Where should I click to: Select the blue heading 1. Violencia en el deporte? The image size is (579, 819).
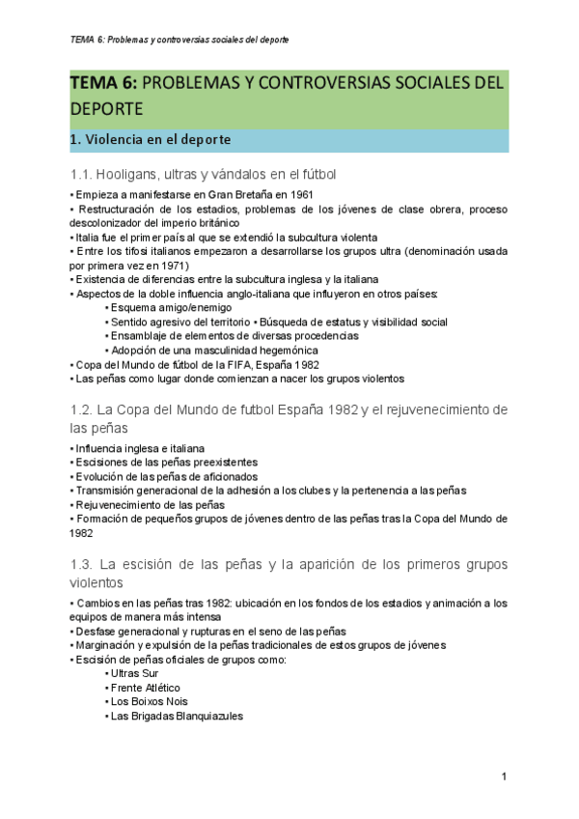(x=150, y=140)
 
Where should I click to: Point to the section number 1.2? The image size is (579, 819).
(x=83, y=410)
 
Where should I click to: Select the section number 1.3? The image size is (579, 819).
(x=83, y=564)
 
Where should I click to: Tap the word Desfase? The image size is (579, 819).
(x=97, y=631)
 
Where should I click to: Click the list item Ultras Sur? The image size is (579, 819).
(x=135, y=673)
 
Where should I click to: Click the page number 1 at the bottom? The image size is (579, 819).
(x=504, y=777)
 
